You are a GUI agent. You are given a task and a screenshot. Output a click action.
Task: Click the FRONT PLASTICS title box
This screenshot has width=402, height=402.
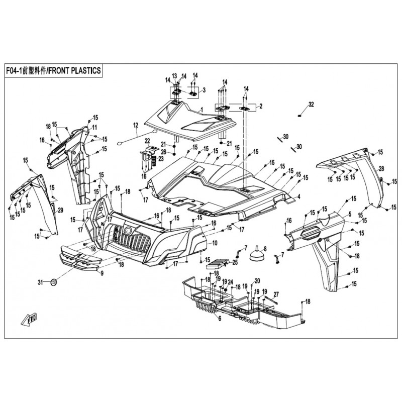click(x=53, y=71)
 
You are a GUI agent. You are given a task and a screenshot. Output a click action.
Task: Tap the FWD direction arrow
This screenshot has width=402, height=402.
click(x=30, y=318)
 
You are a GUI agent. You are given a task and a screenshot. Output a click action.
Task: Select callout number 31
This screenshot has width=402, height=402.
click(x=40, y=281)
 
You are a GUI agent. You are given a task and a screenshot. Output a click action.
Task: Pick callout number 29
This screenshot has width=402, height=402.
click(x=60, y=210)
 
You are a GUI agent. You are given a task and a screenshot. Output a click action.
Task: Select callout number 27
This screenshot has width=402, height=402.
click(x=276, y=295)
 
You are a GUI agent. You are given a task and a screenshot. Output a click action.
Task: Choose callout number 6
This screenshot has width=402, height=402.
click(x=220, y=319)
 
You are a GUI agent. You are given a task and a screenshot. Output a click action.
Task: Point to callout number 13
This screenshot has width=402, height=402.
click(x=175, y=75)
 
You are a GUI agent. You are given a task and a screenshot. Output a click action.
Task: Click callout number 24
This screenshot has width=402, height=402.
click(x=230, y=282)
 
